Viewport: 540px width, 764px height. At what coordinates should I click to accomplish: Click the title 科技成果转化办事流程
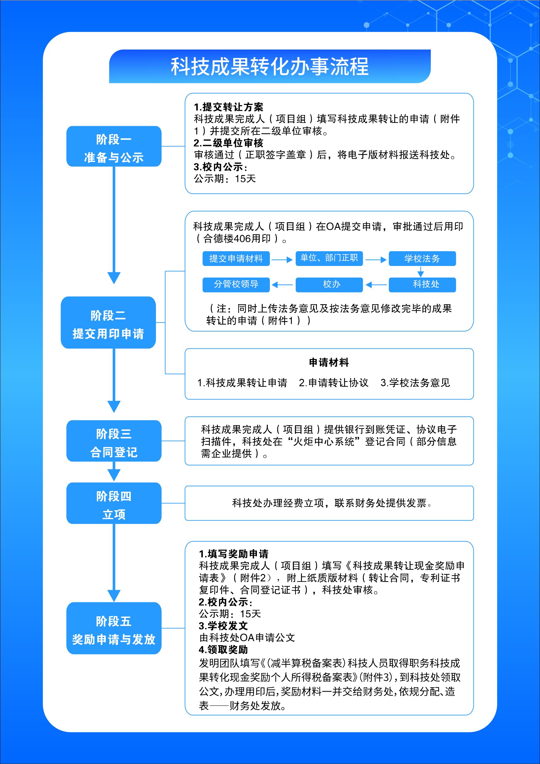click(270, 66)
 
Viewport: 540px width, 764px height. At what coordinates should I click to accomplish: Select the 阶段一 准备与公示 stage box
click(114, 147)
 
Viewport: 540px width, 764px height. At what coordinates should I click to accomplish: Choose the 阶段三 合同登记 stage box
click(114, 441)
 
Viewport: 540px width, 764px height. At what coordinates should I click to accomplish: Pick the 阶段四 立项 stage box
click(114, 503)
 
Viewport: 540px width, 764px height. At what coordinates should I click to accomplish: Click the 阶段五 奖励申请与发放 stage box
click(114, 628)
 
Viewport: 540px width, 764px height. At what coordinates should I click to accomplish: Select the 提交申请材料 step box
click(236, 259)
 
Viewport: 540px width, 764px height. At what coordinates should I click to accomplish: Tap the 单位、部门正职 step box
click(329, 259)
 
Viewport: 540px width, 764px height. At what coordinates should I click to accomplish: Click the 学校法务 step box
click(422, 259)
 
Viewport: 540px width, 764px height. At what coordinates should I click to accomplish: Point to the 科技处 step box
click(422, 284)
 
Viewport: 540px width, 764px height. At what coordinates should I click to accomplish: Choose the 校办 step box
click(329, 284)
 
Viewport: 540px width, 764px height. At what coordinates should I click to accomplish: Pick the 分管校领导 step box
click(236, 284)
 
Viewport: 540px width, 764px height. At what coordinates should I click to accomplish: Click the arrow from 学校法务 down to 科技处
click(421, 272)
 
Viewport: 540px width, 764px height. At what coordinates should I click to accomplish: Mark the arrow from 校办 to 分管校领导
click(282, 285)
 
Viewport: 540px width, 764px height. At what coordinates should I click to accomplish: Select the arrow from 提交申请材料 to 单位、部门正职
click(282, 259)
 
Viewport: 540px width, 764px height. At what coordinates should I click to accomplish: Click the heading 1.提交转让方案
click(229, 107)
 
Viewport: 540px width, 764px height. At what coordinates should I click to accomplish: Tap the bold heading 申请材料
click(329, 362)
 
